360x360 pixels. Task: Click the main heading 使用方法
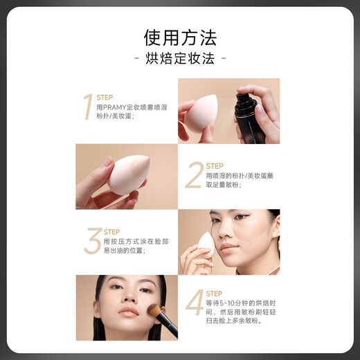(x=180, y=36)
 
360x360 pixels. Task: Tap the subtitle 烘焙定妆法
(x=180, y=58)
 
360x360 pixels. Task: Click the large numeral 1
(x=88, y=107)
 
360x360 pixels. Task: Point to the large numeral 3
(x=92, y=240)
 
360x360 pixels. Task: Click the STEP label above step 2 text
(x=215, y=166)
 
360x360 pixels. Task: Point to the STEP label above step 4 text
(x=215, y=294)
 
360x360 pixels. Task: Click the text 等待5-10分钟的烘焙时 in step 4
(x=242, y=303)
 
